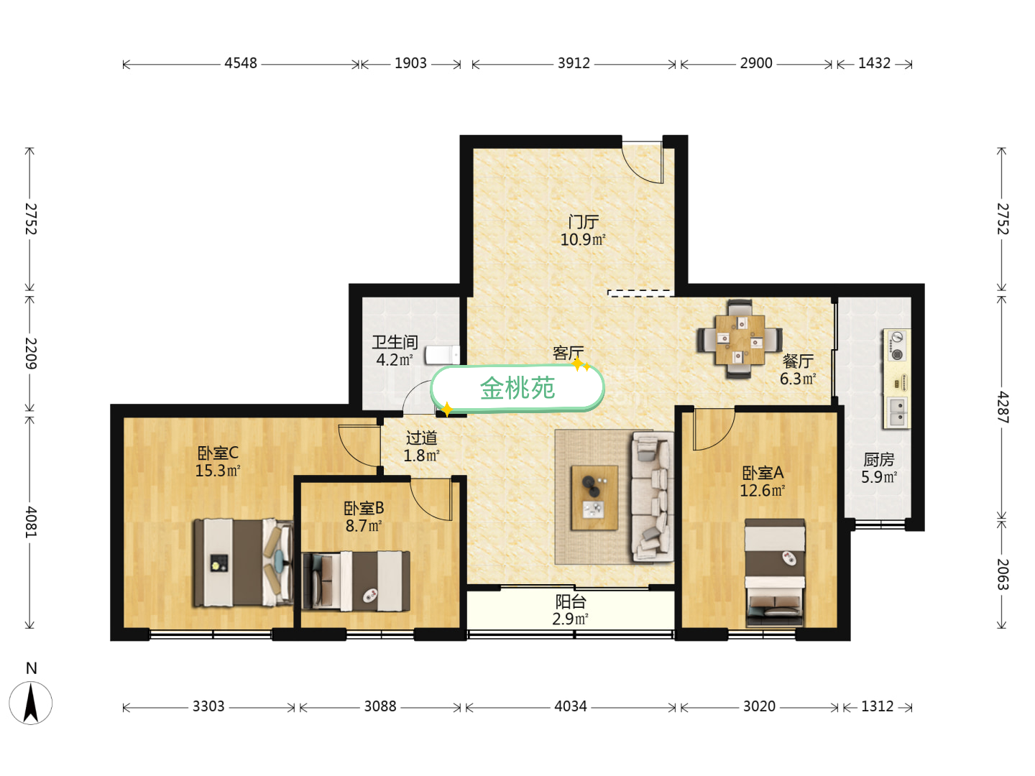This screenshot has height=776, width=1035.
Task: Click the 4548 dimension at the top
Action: point(240,63)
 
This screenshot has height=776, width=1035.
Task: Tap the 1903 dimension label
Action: point(410,63)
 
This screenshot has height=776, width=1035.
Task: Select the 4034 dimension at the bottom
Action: point(570,706)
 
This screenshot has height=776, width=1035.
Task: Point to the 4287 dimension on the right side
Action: point(1002,407)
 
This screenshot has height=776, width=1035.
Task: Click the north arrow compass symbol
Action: point(31,701)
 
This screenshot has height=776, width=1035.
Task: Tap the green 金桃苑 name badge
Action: point(517,389)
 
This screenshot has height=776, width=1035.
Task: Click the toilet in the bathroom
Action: point(441,355)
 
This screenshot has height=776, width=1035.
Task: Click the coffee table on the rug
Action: point(594,498)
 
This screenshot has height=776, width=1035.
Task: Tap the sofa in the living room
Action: point(651,496)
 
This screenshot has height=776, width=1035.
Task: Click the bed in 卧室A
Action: point(774,572)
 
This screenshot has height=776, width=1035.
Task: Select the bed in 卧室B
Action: point(356,581)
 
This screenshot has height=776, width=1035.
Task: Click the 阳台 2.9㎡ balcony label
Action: point(570,610)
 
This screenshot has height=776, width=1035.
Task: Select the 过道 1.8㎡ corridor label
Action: point(421,446)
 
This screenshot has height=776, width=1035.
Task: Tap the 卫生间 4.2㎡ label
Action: point(395,351)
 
